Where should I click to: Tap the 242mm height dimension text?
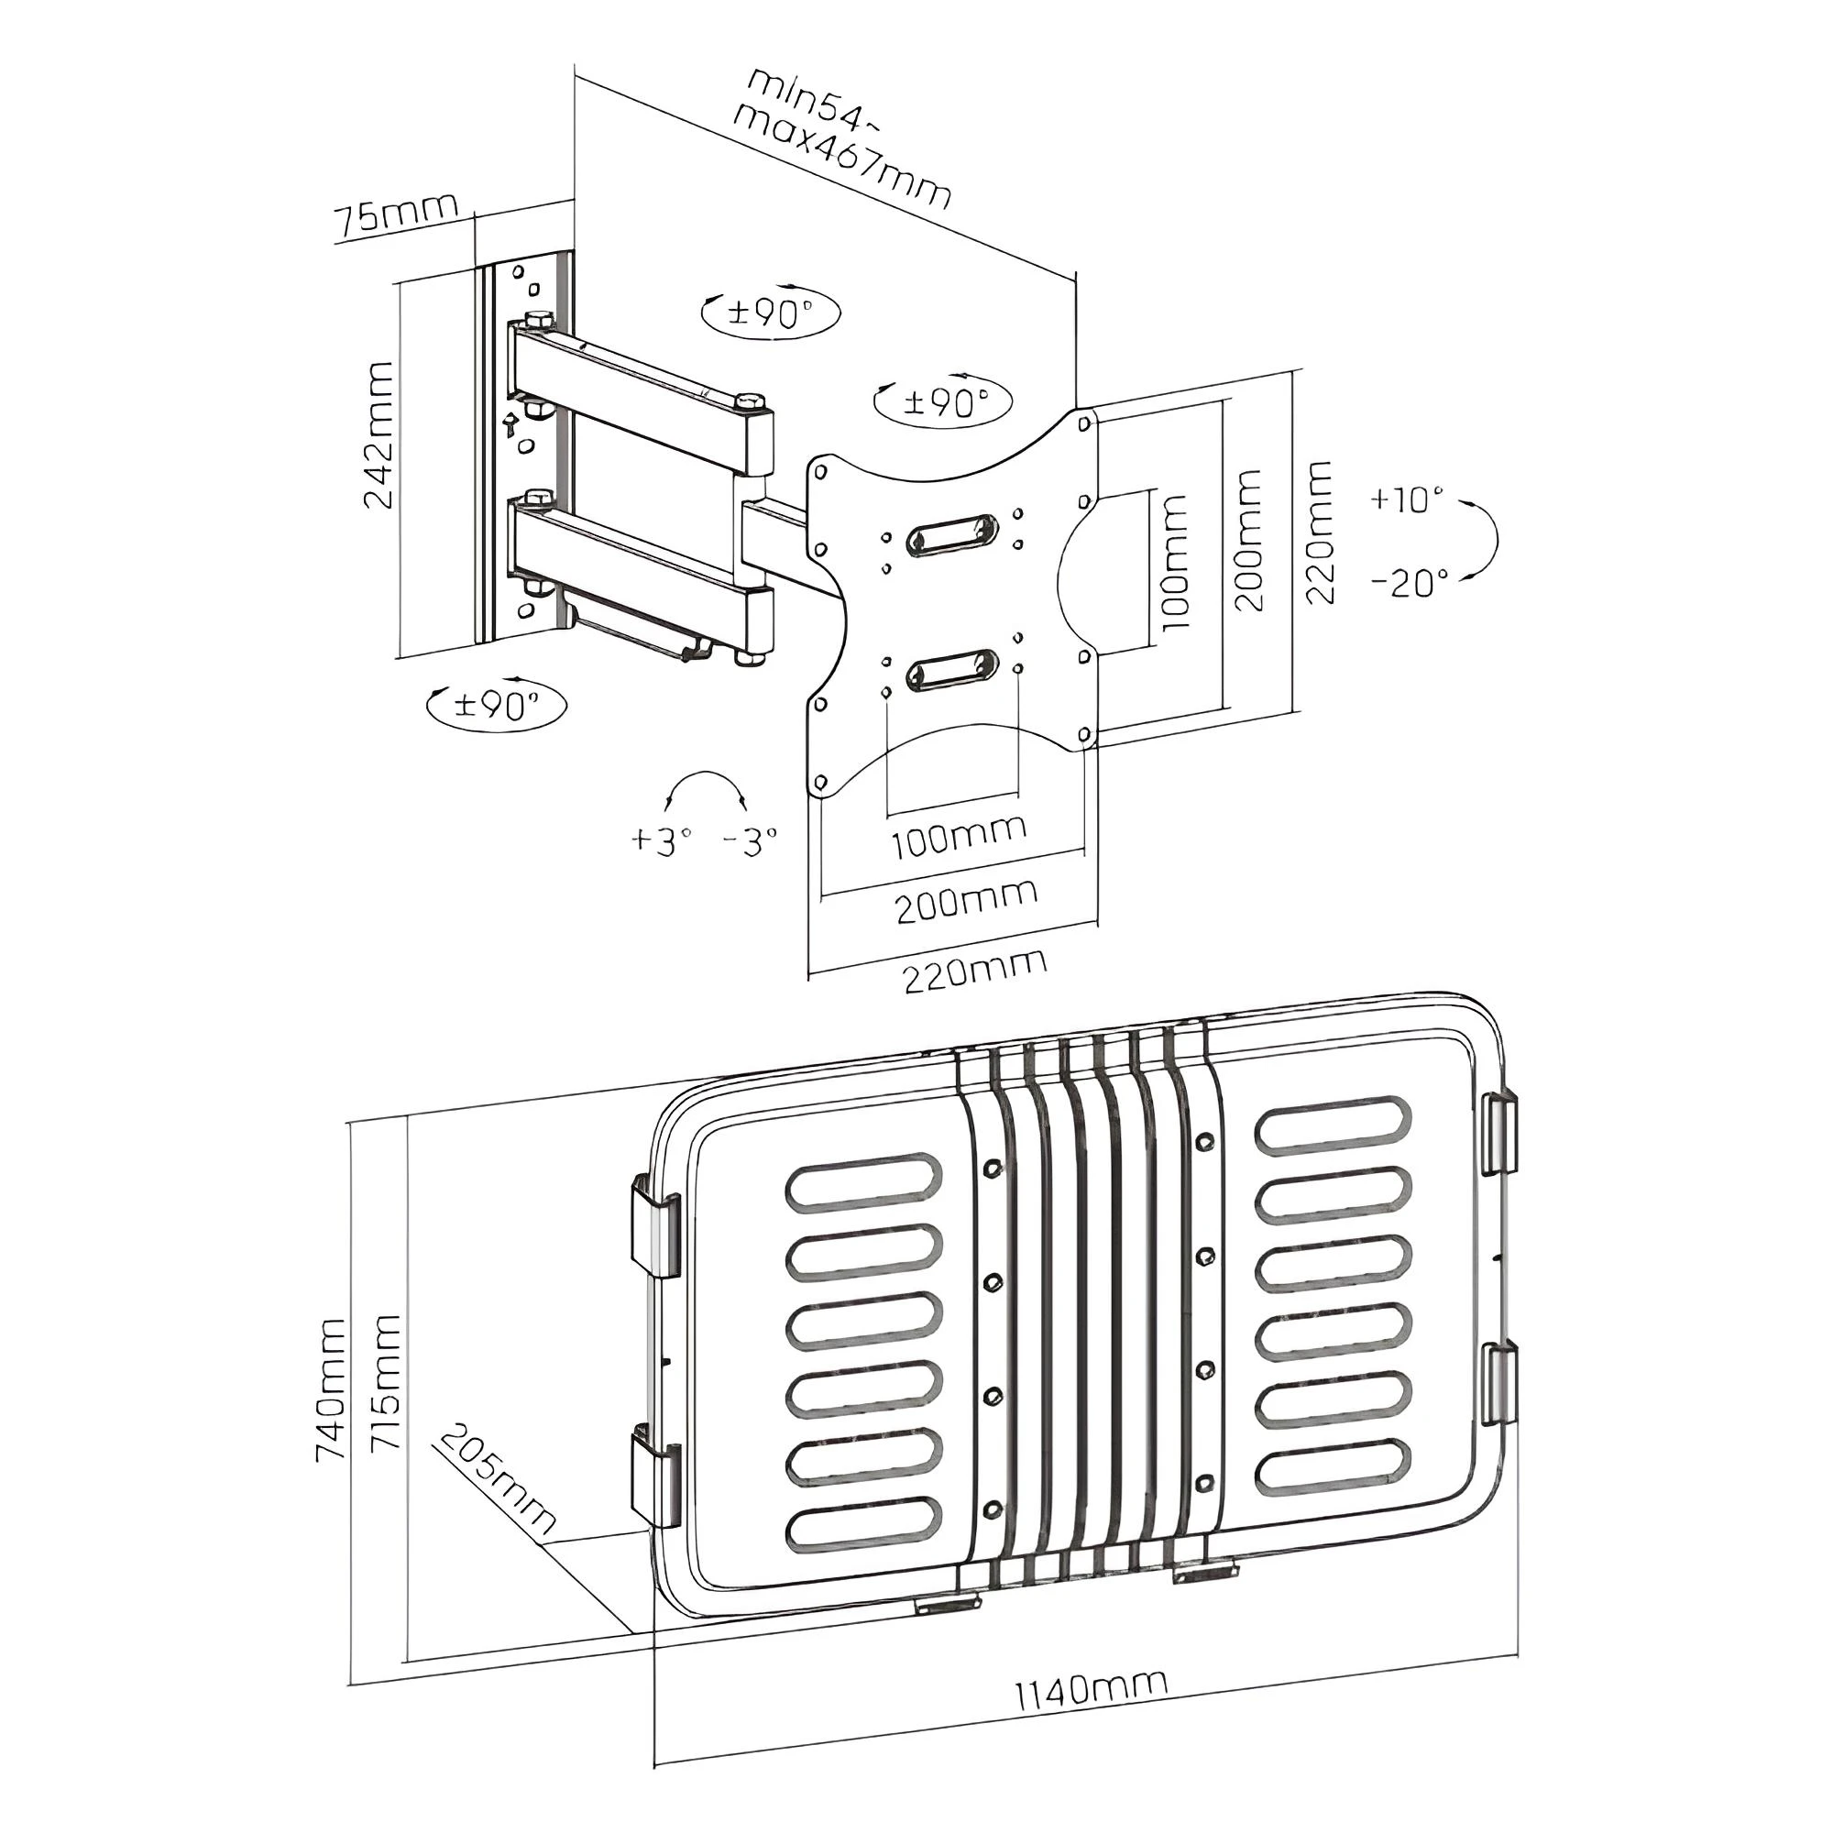click(x=379, y=434)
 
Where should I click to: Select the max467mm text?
click(x=841, y=158)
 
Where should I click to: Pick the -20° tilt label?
click(x=1410, y=581)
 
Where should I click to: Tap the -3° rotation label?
click(x=750, y=840)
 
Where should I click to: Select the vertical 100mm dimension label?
click(x=1175, y=563)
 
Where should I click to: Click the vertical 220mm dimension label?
click(x=1320, y=532)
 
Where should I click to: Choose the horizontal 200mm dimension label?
click(x=966, y=900)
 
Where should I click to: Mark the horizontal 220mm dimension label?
click(x=974, y=971)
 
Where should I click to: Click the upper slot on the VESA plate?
click(x=951, y=537)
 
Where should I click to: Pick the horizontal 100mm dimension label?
click(x=959, y=836)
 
